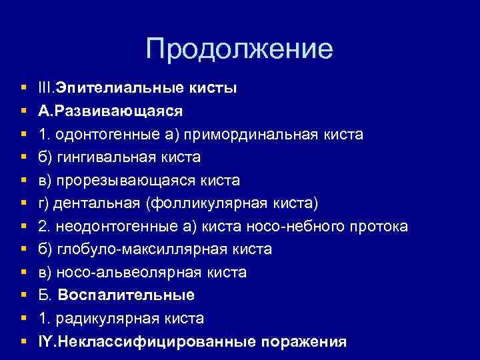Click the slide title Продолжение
pos(239,50)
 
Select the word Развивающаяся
pos(120,111)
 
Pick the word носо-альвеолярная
pos(126,273)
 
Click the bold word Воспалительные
pos(126,295)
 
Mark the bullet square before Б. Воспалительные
pos(24,295)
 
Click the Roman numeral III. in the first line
pos(47,88)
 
